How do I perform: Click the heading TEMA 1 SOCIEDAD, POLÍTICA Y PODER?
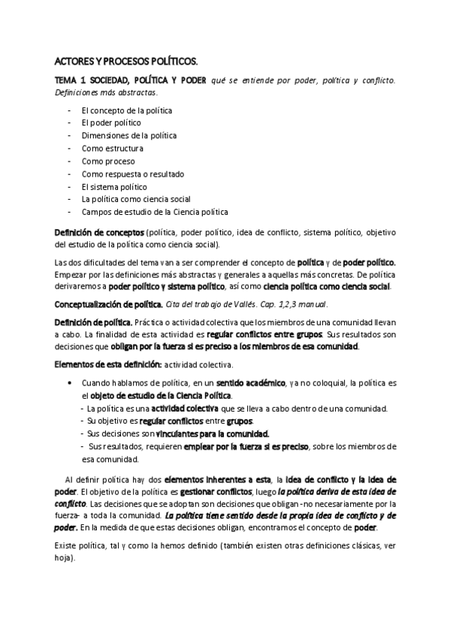click(x=131, y=80)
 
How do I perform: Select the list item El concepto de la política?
click(x=127, y=110)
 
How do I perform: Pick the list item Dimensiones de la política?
click(x=129, y=136)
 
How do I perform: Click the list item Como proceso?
click(x=108, y=162)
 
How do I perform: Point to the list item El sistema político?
click(x=115, y=187)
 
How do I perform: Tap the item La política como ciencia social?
click(x=137, y=200)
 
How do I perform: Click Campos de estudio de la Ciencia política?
click(x=155, y=213)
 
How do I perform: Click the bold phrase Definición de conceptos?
click(x=100, y=232)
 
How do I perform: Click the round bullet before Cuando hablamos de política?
click(x=70, y=383)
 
